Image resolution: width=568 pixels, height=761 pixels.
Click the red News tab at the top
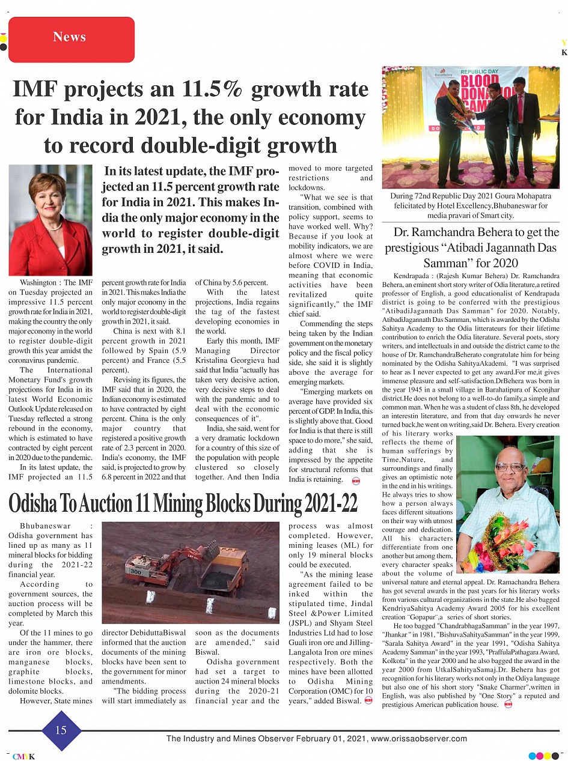coord(71,38)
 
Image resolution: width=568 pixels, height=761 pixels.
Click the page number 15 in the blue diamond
coord(61,730)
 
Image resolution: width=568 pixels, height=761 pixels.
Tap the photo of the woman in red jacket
coord(50,220)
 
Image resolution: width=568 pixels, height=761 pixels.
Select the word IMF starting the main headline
coord(38,89)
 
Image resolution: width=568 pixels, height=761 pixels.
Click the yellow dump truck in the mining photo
coord(224,569)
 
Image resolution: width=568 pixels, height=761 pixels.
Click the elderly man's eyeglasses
coord(510,467)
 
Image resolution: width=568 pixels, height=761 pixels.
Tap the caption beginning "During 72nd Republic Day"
coord(471,205)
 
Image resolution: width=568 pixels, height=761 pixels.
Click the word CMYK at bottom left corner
coord(24,756)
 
